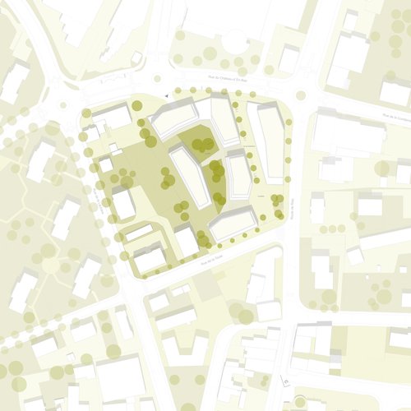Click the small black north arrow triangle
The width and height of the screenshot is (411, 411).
tap(168, 96)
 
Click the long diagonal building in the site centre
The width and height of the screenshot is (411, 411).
tap(188, 174)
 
